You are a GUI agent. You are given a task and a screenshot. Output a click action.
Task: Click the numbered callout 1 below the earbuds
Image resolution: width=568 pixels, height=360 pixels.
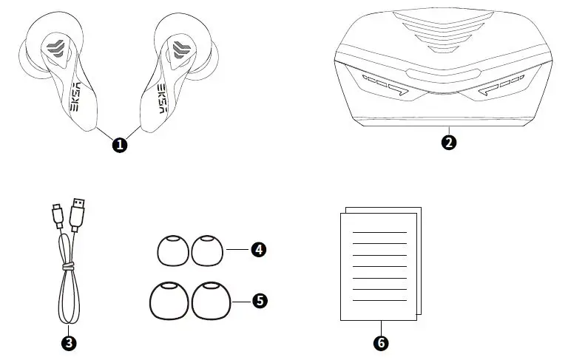(119, 145)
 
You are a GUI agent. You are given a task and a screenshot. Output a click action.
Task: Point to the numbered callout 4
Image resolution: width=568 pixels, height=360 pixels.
(258, 250)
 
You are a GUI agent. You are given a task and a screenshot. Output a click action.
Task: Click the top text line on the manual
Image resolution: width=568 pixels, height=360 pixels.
(379, 232)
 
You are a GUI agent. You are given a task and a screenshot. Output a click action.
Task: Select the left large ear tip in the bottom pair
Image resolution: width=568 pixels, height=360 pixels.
(168, 302)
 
